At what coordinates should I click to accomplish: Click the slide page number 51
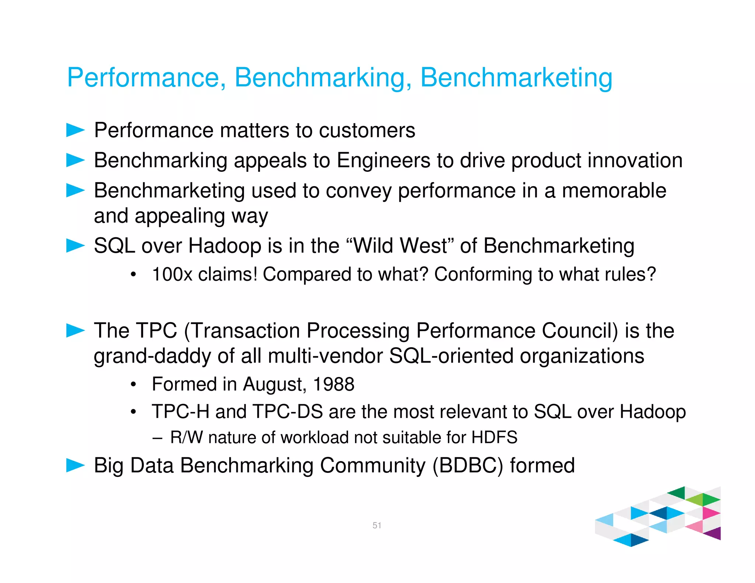377,525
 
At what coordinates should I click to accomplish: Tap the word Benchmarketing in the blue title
516,78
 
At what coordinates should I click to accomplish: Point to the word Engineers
383,161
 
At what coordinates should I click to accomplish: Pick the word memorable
614,191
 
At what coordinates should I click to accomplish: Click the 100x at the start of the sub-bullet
172,275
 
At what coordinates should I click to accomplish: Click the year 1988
333,384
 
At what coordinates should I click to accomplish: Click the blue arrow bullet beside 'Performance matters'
75,130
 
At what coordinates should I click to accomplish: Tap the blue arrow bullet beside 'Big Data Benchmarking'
75,465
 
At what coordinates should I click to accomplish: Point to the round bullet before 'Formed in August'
133,385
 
